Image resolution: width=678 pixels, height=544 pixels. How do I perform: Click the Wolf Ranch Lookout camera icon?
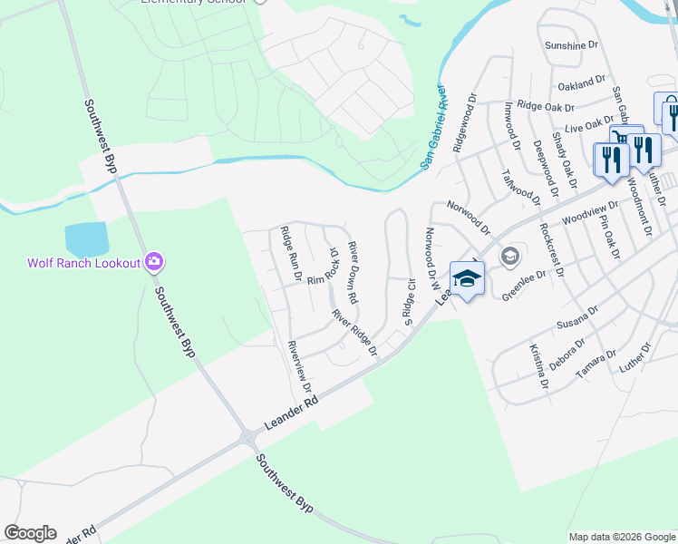pos(154,263)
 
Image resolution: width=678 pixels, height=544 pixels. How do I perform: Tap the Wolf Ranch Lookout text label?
pos(82,264)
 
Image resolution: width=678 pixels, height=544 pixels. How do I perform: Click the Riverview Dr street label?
pos(300,372)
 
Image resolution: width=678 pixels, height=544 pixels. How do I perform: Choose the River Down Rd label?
pos(354,271)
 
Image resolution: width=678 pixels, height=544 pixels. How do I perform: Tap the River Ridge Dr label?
pos(354,333)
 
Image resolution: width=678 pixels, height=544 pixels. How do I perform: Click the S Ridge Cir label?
pos(410,301)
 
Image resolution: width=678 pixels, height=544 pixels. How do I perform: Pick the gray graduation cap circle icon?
pos(510,257)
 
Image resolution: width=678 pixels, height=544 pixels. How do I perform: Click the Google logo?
pos(30,533)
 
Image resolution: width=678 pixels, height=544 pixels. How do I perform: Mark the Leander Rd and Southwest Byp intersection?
pos(249,439)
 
